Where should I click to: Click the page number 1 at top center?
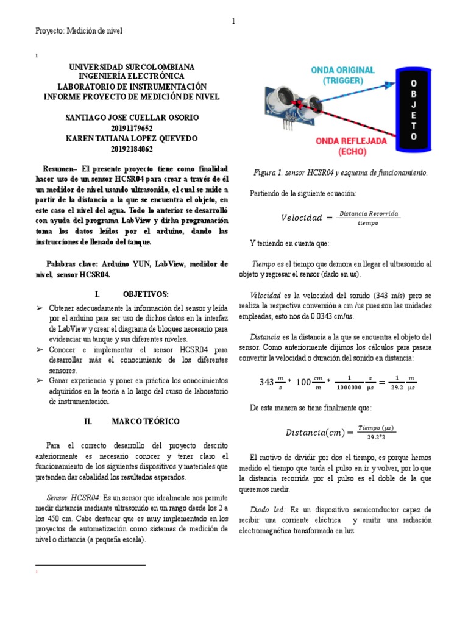pos(233,21)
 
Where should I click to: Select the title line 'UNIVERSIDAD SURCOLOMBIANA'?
pos(132,67)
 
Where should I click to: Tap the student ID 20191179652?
pos(132,128)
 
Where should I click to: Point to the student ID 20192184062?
pos(132,149)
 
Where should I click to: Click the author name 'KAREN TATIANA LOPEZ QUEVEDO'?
pos(132,138)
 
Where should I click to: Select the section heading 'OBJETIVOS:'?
pos(145,293)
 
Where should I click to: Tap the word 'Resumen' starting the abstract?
pos(60,168)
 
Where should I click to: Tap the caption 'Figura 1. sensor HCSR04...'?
pos(341,173)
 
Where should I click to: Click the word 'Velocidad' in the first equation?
pos(301,218)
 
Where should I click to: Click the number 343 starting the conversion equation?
pos(266,382)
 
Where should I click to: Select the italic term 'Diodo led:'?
pos(268,509)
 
